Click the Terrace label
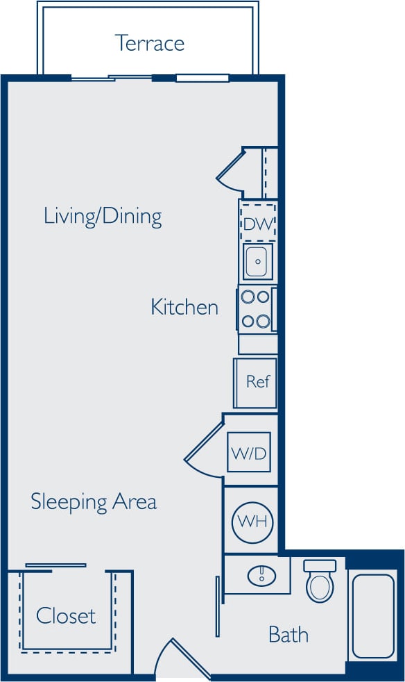pos(150,43)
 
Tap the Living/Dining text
pos(103,216)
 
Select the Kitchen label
pos(184,307)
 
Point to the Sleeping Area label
pos(94,501)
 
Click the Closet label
pos(66,615)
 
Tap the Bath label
pos(288,634)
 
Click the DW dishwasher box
pos(258,224)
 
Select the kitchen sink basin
pos(257,262)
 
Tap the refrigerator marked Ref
pos(257,382)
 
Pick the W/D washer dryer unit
pos(248,454)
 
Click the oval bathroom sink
pos(261,575)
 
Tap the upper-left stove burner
pos(248,297)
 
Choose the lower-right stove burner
pos(263,321)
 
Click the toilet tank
pos(320,566)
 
